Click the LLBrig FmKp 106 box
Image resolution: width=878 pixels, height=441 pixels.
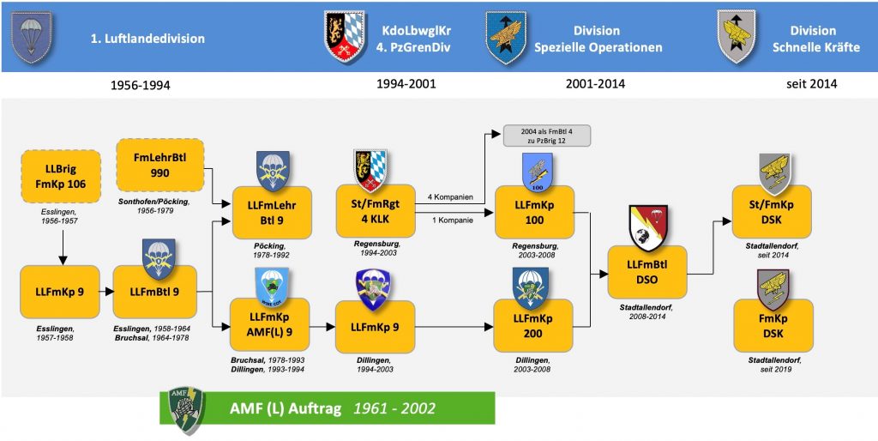pos(61,176)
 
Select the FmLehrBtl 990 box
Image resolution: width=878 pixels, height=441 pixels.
pos(159,166)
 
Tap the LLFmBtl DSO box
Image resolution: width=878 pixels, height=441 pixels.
pos(646,272)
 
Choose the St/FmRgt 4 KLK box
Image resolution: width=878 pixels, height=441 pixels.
pos(376,212)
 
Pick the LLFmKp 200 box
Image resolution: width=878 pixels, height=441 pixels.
pos(533,325)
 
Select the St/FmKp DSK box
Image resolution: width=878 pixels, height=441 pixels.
pos(773,212)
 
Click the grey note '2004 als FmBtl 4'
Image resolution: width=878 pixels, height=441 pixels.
pos(546,136)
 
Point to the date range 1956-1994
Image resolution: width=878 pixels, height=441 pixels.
pos(141,85)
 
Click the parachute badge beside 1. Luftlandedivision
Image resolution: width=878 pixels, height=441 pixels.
pos(31,36)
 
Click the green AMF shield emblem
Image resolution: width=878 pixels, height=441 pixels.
pos(188,411)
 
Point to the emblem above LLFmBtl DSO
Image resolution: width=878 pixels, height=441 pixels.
pos(649,228)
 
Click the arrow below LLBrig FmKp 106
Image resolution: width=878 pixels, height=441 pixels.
pos(63,246)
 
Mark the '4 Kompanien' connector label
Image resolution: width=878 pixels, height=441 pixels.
pos(446,197)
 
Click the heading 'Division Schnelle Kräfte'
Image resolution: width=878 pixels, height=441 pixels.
pos(816,39)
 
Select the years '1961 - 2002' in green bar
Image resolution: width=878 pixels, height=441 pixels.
pos(394,408)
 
